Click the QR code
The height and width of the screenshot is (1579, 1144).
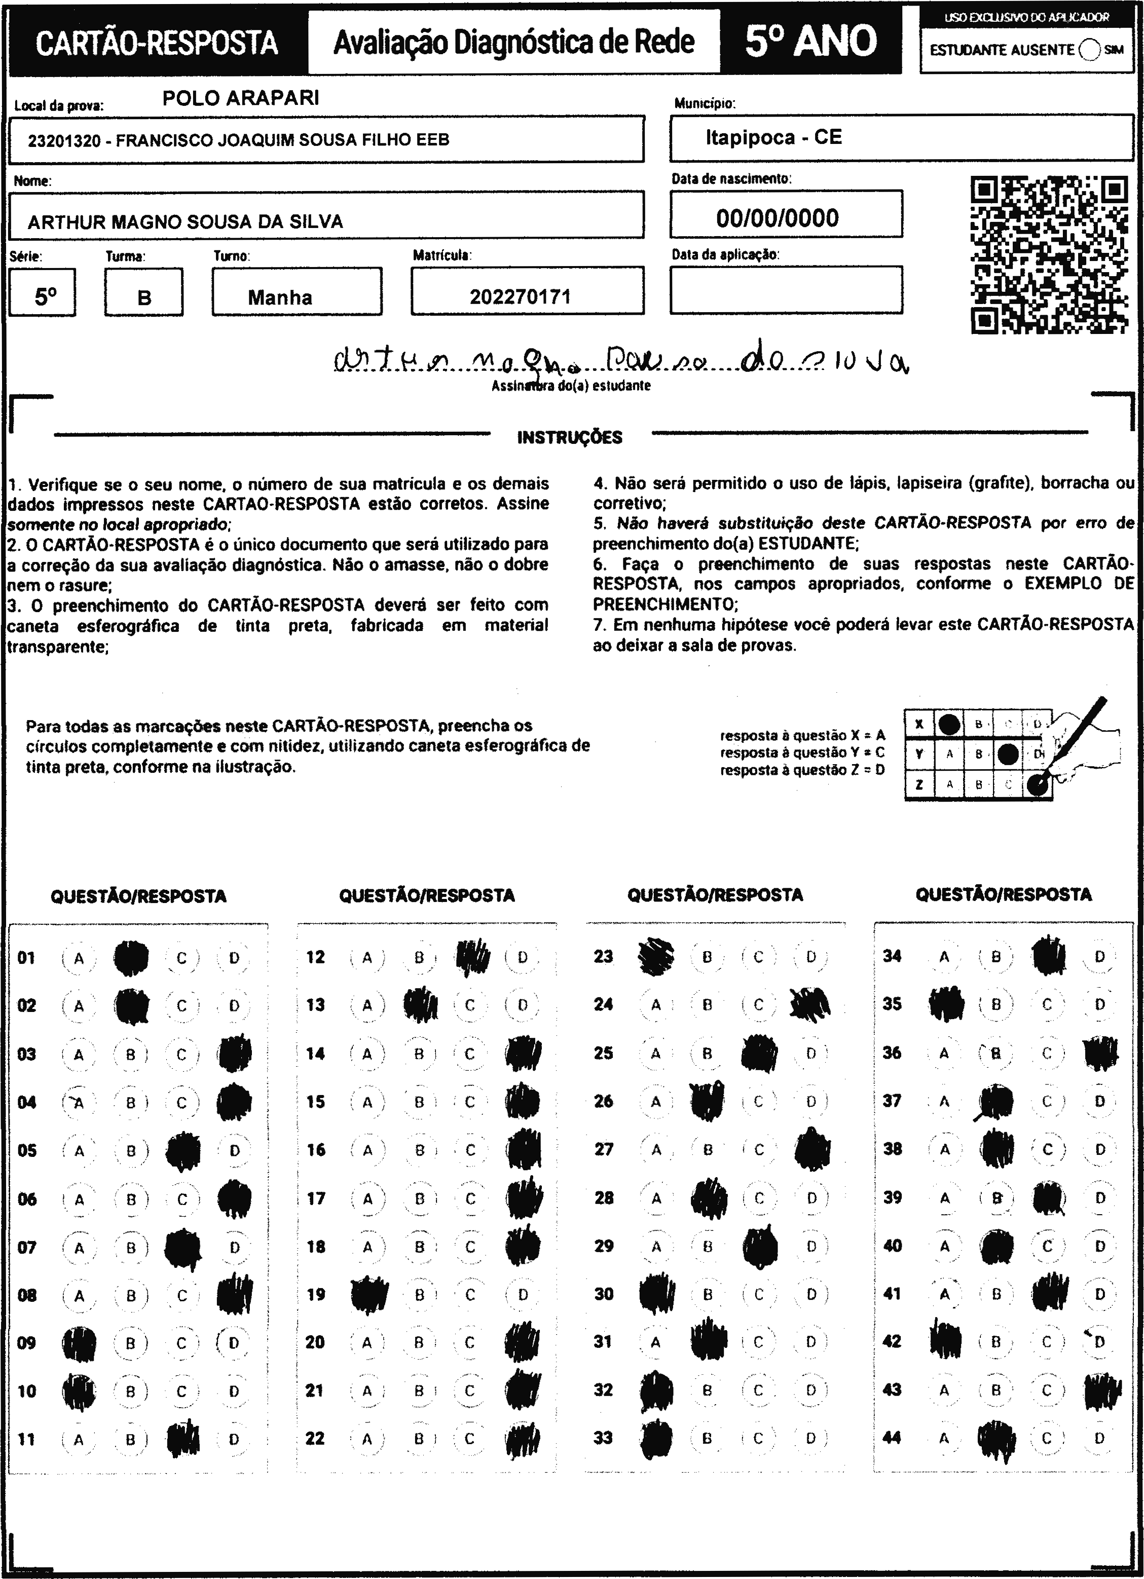[x=1049, y=255]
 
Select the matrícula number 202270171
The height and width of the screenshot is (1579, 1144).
[x=520, y=297]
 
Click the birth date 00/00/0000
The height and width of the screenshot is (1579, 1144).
[x=777, y=218]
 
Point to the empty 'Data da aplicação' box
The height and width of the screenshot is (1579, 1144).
[x=786, y=290]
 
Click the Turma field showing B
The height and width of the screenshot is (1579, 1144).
[x=144, y=298]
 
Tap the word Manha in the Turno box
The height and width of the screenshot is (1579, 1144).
[x=280, y=298]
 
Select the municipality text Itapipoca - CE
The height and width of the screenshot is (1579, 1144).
[x=773, y=137]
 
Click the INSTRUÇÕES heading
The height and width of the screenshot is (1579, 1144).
[x=570, y=438]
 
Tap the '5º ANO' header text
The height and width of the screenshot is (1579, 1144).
[x=810, y=41]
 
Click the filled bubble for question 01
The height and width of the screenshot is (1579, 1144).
[x=131, y=958]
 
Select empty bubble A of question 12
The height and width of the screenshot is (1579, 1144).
[x=367, y=958]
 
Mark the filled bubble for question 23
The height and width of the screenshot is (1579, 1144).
[x=656, y=957]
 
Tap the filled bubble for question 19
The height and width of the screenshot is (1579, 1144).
[x=368, y=1294]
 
